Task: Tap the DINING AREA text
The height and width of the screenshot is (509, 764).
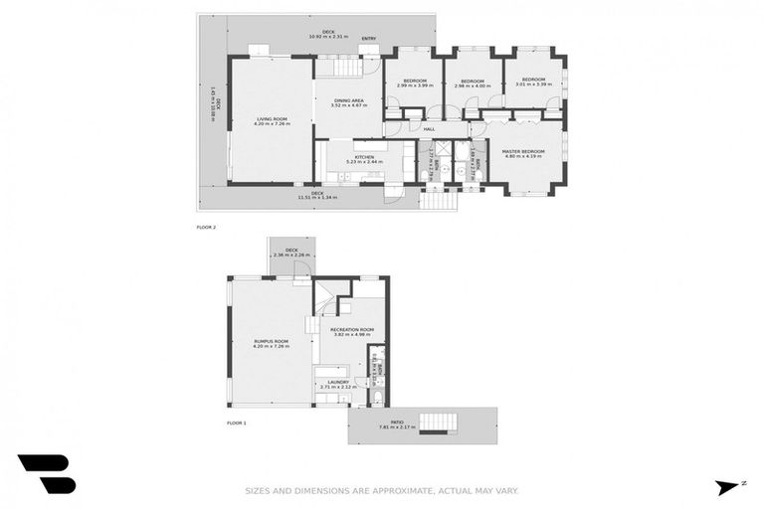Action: coord(349,100)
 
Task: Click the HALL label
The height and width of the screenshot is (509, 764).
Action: coord(429,129)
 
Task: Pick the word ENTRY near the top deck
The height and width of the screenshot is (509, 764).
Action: coord(368,39)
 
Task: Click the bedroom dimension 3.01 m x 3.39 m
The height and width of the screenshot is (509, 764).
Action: coord(533,85)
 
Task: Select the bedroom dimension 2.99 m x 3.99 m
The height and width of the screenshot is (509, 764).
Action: coord(414,85)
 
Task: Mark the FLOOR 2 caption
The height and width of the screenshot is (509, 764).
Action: coord(206,227)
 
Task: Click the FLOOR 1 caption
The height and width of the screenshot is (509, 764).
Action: coord(238,423)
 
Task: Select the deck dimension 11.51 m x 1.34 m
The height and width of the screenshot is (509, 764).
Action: coord(316,197)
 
